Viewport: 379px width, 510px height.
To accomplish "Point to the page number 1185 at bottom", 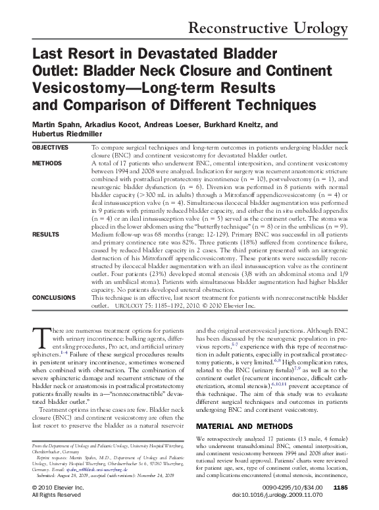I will [340, 487].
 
